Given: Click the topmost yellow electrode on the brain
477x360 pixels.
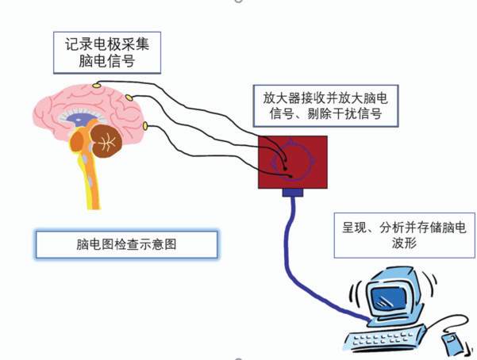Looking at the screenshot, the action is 96,85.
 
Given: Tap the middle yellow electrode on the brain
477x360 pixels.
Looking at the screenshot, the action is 129,98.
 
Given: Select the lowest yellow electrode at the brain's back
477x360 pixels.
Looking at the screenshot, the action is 145,125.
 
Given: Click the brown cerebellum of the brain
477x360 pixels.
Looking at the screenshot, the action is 106,140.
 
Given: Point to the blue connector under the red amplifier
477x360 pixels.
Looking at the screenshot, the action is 293,192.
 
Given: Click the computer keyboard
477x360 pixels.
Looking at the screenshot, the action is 384,339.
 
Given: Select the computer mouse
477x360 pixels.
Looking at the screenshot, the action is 452,343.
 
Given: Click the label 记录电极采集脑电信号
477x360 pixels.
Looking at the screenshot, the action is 107,52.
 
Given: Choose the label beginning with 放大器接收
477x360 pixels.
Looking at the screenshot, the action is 326,105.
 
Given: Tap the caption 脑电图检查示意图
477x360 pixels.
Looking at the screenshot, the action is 126,244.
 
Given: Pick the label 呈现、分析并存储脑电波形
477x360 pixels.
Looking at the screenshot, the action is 404,236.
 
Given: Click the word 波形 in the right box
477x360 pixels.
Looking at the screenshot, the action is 404,243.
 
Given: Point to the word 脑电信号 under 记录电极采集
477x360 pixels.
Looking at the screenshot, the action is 107,61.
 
